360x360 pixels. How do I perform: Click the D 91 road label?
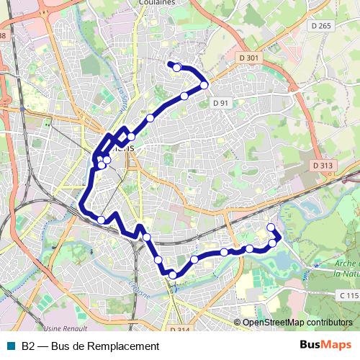(x=221, y=103)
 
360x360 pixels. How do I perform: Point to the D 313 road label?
(x=323, y=166)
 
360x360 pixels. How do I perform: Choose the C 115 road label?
(x=348, y=296)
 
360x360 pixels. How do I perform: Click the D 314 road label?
(x=180, y=328)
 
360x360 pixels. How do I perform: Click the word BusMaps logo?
(x=326, y=346)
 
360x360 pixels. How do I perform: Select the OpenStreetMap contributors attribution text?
(x=297, y=323)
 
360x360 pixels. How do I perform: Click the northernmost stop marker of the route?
(x=176, y=68)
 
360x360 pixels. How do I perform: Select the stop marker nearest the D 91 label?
(x=204, y=85)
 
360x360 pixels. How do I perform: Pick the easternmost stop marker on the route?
(x=273, y=243)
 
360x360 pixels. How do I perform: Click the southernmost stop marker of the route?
(x=173, y=274)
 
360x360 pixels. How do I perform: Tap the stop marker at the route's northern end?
(x=176, y=68)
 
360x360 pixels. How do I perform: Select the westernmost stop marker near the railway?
(x=101, y=220)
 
